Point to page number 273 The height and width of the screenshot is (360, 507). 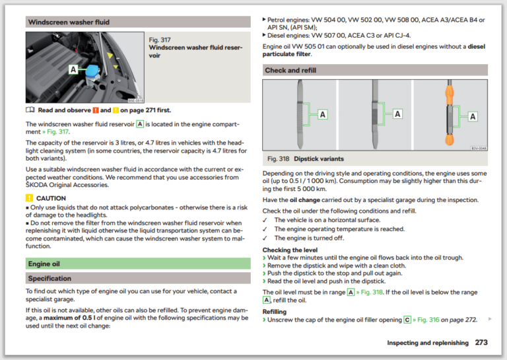(481, 343)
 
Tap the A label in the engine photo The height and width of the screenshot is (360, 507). (71, 69)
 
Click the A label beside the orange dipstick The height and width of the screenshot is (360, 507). (473, 116)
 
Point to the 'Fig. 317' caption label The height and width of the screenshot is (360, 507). (159, 40)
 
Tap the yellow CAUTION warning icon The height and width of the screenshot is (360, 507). (29, 198)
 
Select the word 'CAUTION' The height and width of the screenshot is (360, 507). (51, 198)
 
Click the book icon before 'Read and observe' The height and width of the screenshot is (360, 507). (30, 110)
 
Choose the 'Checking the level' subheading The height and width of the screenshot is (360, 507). (290, 250)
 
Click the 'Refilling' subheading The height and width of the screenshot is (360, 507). (275, 312)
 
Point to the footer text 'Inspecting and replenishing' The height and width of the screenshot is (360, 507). (427, 343)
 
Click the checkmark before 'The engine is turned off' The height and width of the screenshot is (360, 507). (265, 238)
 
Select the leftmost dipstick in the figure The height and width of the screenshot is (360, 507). (300, 114)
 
